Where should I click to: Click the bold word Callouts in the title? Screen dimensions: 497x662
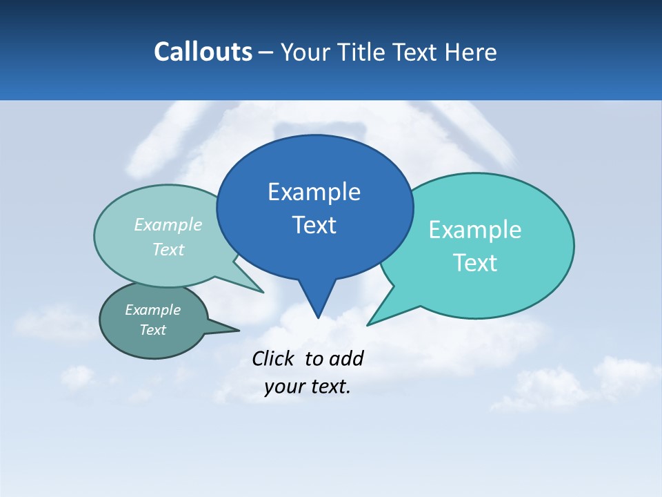coord(203,52)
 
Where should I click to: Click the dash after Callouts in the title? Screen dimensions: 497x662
coord(266,52)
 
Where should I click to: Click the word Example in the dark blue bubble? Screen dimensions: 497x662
coord(314,192)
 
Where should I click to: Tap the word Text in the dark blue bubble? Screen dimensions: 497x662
coord(314,225)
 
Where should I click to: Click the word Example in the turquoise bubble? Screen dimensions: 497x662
coord(475,230)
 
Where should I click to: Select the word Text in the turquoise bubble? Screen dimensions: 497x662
coord(475,263)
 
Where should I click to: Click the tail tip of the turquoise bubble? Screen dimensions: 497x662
coord(368,324)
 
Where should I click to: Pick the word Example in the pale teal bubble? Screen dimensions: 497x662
coord(168,225)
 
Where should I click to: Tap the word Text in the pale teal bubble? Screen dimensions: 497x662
coord(168,250)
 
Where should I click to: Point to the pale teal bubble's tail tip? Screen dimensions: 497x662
coord(262,292)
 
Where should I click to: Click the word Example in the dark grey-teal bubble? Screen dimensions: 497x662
coord(153,310)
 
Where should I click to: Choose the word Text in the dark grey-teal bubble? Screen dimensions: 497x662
coord(153,330)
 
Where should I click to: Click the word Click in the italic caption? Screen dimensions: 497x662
coord(274,358)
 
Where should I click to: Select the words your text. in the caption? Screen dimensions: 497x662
coord(308,387)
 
